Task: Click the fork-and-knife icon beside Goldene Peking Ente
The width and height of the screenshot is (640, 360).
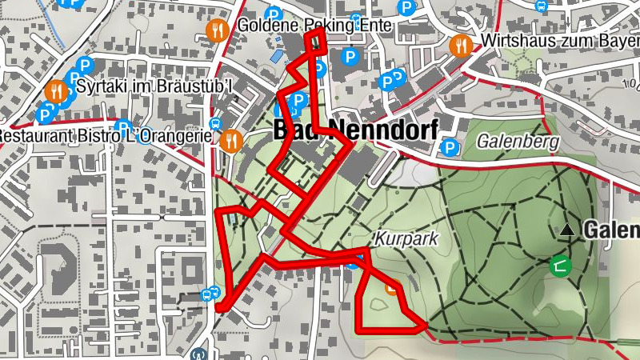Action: (216, 30)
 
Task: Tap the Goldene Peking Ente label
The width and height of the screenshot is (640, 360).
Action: (314, 26)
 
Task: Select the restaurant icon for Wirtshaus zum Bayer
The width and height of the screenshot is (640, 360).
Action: (461, 45)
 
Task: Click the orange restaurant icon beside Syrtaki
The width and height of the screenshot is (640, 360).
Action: (56, 90)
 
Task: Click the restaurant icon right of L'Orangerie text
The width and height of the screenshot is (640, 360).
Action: (231, 141)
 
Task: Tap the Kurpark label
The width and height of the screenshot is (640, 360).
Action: (397, 239)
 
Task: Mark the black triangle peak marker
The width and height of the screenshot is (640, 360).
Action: (567, 230)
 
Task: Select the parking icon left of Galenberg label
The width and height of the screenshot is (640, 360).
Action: (451, 148)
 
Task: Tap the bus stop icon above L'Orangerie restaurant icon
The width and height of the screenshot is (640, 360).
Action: (215, 124)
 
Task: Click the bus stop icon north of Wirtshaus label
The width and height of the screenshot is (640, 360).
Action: (542, 6)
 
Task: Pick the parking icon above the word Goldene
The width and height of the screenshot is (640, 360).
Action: (274, 13)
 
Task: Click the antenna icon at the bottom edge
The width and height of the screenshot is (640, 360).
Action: (199, 354)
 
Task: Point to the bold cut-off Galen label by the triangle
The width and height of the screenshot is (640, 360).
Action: (611, 230)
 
